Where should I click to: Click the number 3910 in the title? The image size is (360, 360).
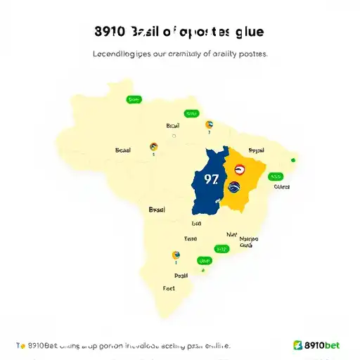[x=109, y=32]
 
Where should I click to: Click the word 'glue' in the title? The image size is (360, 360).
[x=250, y=32]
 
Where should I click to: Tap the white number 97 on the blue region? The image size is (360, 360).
[x=211, y=179]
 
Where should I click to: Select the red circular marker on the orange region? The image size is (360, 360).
[x=239, y=169]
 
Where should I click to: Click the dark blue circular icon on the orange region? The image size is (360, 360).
[x=233, y=188]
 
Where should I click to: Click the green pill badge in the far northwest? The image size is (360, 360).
[x=132, y=100]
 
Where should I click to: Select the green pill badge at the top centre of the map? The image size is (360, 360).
[x=190, y=113]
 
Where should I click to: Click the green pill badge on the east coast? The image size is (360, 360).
[x=276, y=176]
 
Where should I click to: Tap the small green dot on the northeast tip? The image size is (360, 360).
[x=293, y=160]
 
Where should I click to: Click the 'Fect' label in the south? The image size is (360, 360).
[x=169, y=288]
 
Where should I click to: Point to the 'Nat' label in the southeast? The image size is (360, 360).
[x=232, y=235]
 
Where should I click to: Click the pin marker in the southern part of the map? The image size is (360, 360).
[x=175, y=256]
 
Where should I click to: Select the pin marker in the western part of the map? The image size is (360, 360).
[x=153, y=146]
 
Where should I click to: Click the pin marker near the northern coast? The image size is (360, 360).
[x=209, y=125]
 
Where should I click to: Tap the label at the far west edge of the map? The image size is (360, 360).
[x=123, y=150]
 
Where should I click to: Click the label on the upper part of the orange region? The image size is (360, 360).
[x=256, y=150]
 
